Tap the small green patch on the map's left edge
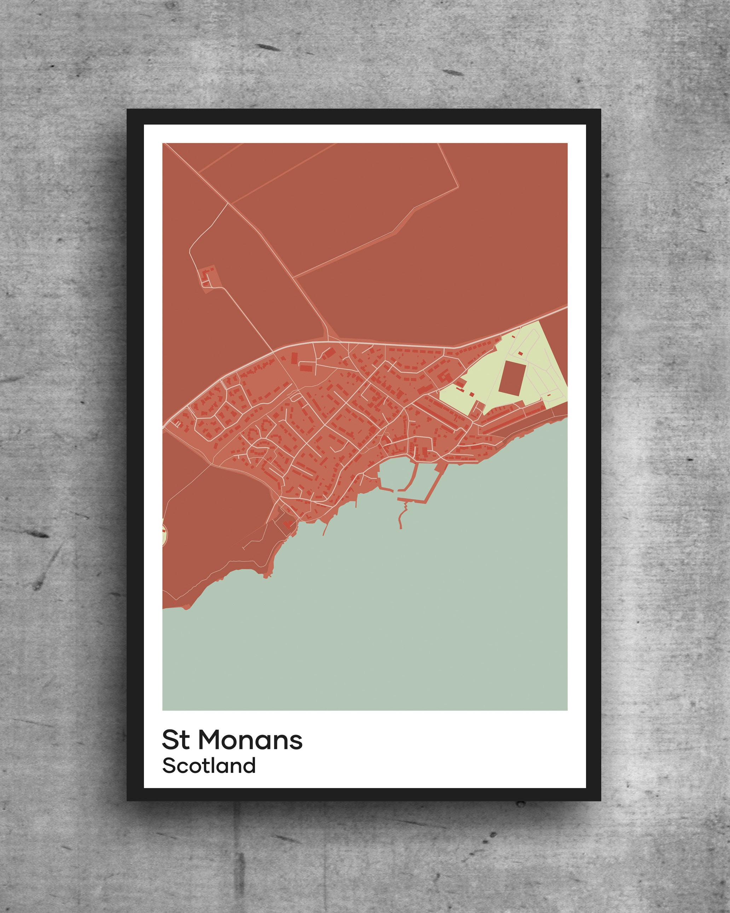[x=164, y=534]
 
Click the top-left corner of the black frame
[x=128, y=110]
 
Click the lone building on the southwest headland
[x=288, y=524]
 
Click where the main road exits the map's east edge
[x=567, y=308]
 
